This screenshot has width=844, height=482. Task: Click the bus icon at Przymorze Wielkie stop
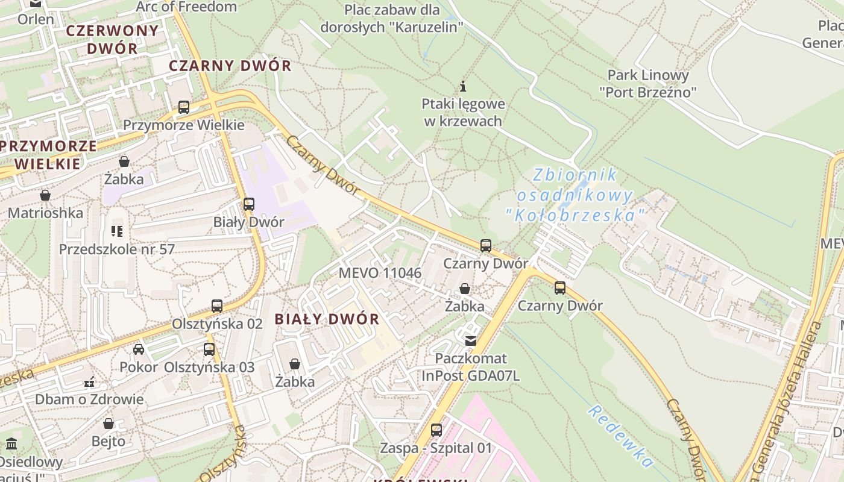click(184, 107)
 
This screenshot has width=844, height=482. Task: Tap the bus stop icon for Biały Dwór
click(249, 204)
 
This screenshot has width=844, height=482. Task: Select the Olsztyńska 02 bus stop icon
click(217, 305)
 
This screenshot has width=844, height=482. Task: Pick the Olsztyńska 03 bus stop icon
click(209, 349)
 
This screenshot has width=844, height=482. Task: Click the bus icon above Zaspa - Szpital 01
click(436, 430)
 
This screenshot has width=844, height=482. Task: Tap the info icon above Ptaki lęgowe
click(463, 86)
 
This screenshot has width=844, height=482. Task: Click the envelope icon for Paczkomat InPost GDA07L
click(470, 341)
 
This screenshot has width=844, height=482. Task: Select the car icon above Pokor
click(139, 349)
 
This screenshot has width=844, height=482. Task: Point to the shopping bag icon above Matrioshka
click(45, 195)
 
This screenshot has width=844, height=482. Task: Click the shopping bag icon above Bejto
click(109, 424)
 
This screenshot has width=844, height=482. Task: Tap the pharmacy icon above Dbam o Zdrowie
click(89, 381)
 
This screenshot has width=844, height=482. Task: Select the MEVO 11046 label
click(380, 272)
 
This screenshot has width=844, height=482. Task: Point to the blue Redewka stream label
click(620, 437)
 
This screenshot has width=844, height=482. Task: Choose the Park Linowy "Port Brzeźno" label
click(647, 84)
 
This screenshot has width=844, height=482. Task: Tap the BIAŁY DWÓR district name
click(327, 319)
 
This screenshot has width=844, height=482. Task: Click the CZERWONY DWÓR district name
click(112, 39)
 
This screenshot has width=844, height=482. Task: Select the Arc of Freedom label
click(186, 7)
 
